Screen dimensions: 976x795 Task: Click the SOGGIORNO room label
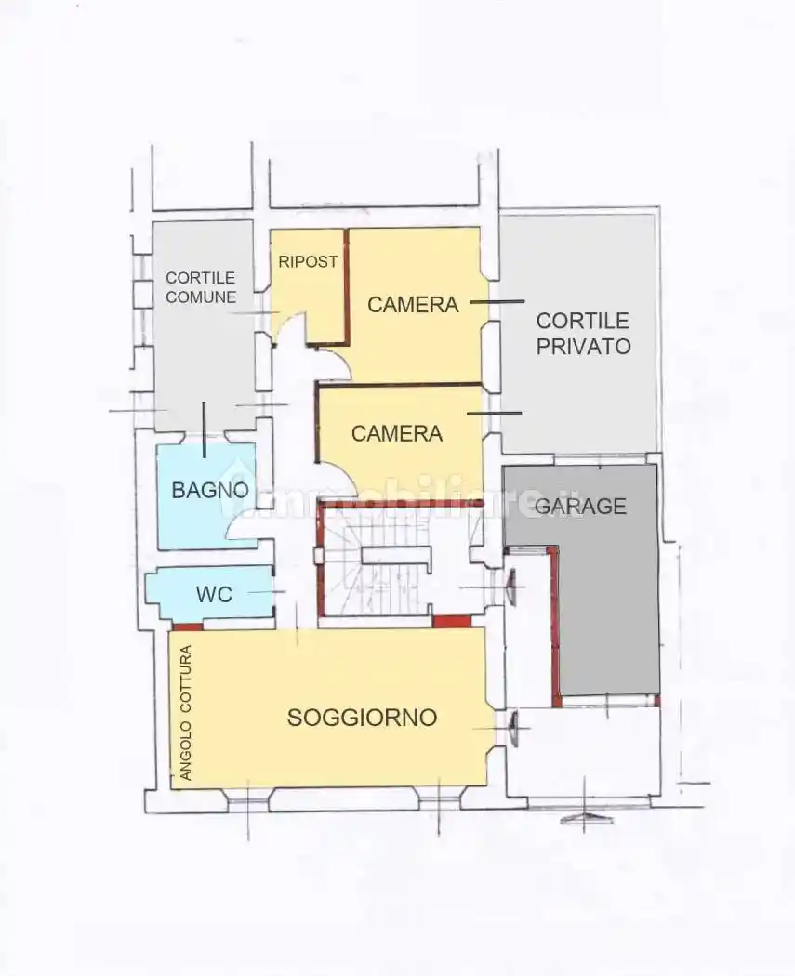pyautogui.click(x=362, y=718)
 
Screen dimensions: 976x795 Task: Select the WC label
pyautogui.click(x=214, y=594)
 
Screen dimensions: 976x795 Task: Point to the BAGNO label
pyautogui.click(x=210, y=490)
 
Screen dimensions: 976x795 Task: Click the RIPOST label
pyautogui.click(x=308, y=261)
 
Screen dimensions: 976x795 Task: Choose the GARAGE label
pyautogui.click(x=580, y=506)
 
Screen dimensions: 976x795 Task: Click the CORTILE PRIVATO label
pyautogui.click(x=583, y=334)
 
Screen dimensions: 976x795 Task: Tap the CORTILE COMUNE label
pyautogui.click(x=201, y=287)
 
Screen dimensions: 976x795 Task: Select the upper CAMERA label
pyautogui.click(x=413, y=304)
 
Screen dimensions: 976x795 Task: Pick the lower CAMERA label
pyautogui.click(x=397, y=433)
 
